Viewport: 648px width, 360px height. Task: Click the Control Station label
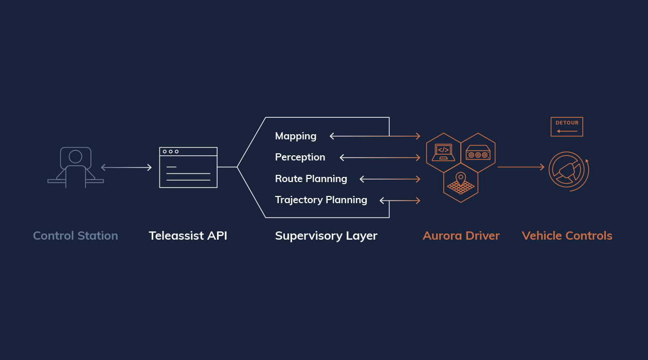[x=76, y=236]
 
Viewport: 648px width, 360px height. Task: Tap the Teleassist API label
[x=188, y=236]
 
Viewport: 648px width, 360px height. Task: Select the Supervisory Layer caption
[x=326, y=236]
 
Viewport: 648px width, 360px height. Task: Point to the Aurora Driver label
[x=461, y=236]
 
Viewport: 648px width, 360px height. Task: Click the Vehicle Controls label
[x=567, y=236]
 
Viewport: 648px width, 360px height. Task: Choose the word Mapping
[x=296, y=136]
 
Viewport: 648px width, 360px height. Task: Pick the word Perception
[x=300, y=157]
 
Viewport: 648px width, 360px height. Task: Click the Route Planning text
[x=311, y=179]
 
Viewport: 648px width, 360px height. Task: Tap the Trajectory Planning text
[x=321, y=200]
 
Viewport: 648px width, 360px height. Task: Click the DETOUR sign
[x=567, y=127]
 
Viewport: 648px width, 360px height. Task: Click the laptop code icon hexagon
[x=443, y=153]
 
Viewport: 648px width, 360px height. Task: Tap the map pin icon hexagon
[x=461, y=183]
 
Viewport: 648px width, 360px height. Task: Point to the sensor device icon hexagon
[x=478, y=153]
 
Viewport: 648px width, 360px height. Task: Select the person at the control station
[x=76, y=167]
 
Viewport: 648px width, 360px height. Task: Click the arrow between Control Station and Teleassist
[x=126, y=167]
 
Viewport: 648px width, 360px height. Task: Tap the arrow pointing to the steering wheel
[x=520, y=167]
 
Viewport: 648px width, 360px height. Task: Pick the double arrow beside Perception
[x=380, y=157]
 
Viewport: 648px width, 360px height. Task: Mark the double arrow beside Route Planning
[x=390, y=179]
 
